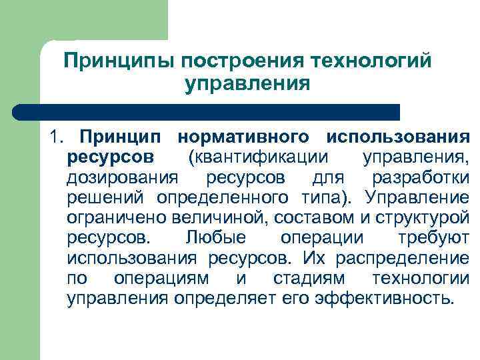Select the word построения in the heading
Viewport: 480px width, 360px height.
pos(231,61)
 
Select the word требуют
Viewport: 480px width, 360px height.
pos(437,239)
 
